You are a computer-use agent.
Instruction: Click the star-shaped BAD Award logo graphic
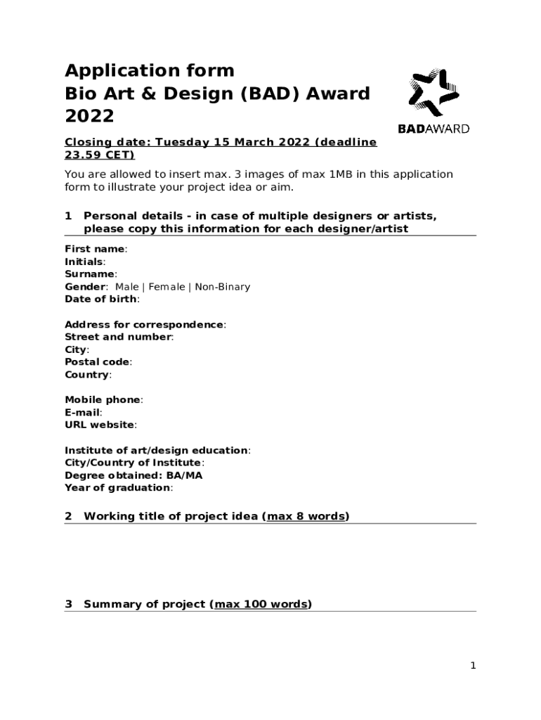click(x=434, y=93)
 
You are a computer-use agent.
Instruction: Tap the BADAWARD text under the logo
click(x=434, y=129)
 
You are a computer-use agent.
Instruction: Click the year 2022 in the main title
click(x=89, y=116)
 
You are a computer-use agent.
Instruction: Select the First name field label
click(x=95, y=249)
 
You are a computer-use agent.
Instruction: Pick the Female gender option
click(x=167, y=287)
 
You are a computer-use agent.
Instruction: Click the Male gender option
click(x=127, y=287)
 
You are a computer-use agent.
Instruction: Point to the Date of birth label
click(x=100, y=299)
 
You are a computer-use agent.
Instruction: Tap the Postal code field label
click(x=97, y=362)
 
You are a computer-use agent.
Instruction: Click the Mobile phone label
click(x=103, y=399)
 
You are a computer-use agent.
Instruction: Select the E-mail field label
click(x=82, y=413)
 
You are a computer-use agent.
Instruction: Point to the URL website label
click(x=100, y=425)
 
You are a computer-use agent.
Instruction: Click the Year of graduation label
click(x=117, y=487)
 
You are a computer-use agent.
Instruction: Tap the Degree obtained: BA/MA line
click(x=133, y=475)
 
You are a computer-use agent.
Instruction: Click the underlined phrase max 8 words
click(x=306, y=517)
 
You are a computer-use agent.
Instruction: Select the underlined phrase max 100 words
click(x=261, y=605)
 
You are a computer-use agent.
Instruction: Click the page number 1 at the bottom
click(x=473, y=666)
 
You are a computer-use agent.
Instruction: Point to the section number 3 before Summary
click(x=68, y=605)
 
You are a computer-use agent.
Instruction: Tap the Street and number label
click(x=117, y=337)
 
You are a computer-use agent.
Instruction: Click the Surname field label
click(x=89, y=274)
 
